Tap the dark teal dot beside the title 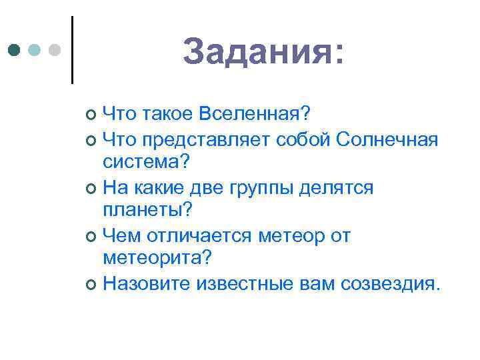(x=14, y=50)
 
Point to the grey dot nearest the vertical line (x=55, y=50)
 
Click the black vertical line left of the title (x=71, y=50)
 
